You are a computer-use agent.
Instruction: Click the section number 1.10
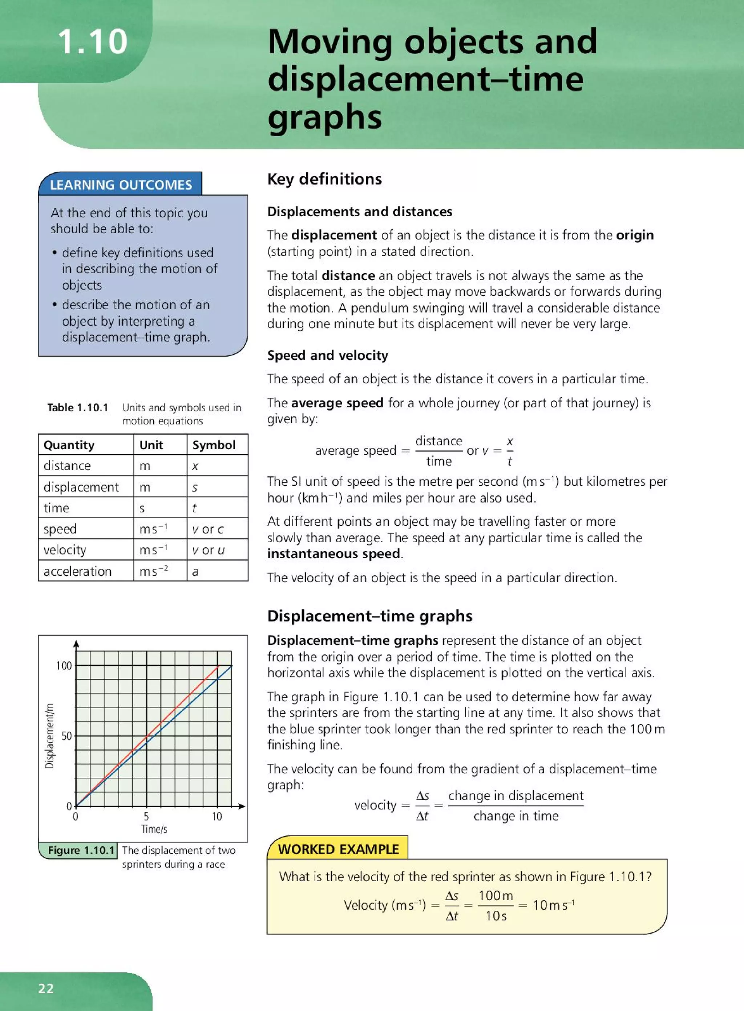point(92,42)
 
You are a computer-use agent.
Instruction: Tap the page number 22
point(46,988)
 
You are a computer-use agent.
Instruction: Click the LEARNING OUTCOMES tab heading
point(121,185)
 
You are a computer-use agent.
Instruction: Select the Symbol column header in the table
point(214,445)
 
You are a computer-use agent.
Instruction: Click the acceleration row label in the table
point(77,571)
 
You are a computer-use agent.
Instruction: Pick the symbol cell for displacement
point(195,487)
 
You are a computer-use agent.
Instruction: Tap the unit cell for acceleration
point(154,571)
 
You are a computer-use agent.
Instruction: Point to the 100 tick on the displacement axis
point(64,665)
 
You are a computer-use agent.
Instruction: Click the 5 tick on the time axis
point(146,816)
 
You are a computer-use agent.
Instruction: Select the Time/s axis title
point(154,829)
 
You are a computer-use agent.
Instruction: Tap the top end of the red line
point(218,665)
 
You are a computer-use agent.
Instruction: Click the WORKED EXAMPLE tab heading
point(338,849)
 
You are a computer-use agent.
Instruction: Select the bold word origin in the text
point(635,235)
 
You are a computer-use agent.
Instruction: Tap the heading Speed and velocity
point(327,355)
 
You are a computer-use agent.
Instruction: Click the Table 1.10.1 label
point(78,407)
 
